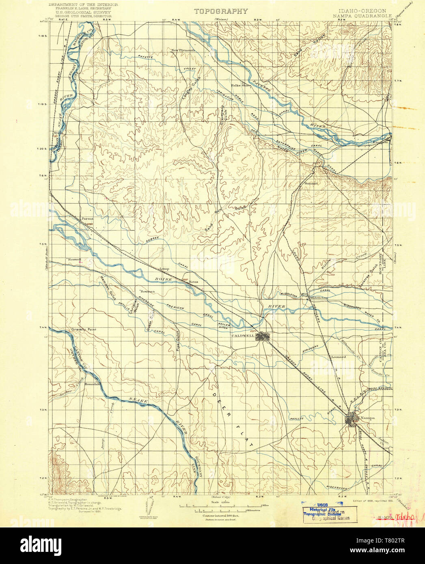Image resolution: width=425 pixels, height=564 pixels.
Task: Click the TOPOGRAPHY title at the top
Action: point(220,11)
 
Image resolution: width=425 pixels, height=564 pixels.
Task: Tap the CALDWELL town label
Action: point(243,336)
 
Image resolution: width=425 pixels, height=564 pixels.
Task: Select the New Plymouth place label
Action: point(183,50)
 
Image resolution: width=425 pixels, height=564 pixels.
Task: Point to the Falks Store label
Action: point(241,86)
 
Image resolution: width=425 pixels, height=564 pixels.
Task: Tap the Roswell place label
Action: point(75,259)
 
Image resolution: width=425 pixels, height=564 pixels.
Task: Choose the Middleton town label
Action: point(319,298)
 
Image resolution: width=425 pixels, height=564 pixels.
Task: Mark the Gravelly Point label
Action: point(83,329)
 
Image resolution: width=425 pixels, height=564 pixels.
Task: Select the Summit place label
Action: point(311,183)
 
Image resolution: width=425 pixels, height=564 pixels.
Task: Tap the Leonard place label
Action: point(338,357)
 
